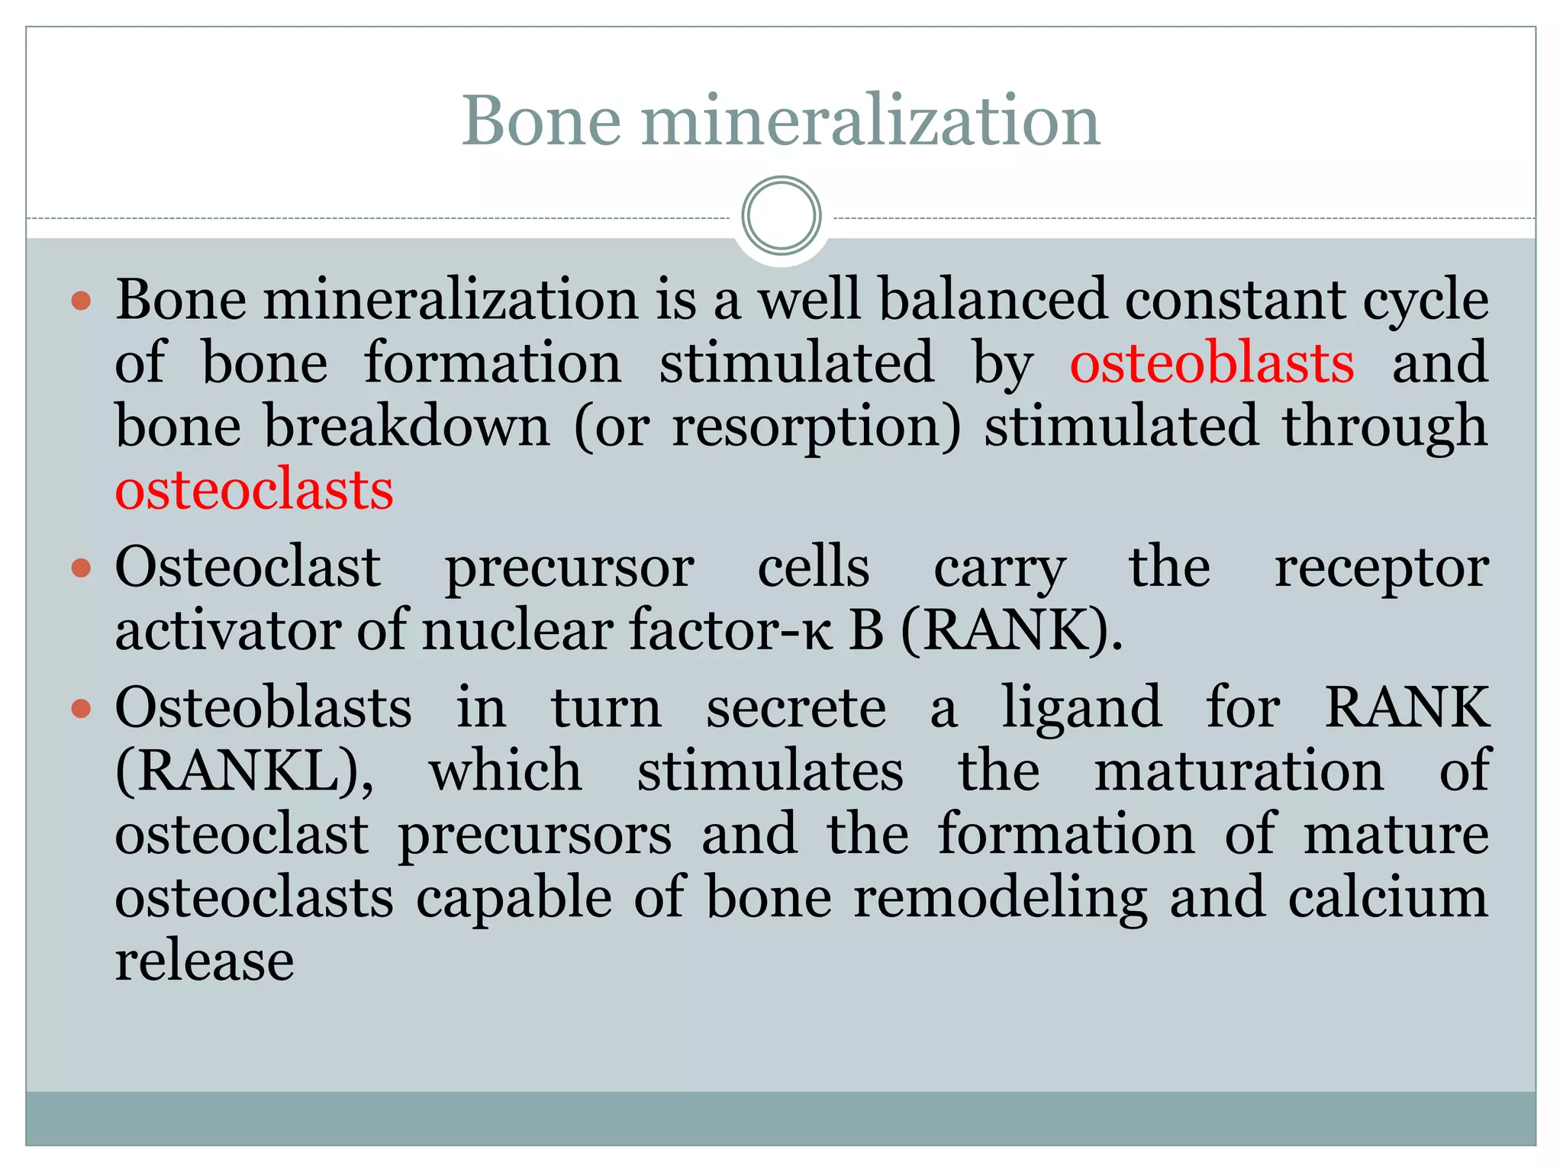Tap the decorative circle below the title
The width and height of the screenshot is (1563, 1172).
point(781,215)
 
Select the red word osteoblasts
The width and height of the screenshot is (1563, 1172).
point(1211,362)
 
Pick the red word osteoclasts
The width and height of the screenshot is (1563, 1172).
point(254,489)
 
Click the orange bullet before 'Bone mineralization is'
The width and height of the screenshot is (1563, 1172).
point(81,300)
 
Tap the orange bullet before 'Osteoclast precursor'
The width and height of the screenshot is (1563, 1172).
point(81,568)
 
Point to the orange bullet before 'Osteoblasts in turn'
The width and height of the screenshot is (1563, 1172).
point(81,709)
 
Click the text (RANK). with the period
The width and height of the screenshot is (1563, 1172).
point(1012,631)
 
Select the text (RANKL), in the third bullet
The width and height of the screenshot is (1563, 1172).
point(244,771)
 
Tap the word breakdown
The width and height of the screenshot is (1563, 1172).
point(407,427)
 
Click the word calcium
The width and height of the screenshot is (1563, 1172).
point(1388,898)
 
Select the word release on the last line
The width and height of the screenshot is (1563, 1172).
point(205,961)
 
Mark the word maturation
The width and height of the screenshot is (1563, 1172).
point(1239,771)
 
